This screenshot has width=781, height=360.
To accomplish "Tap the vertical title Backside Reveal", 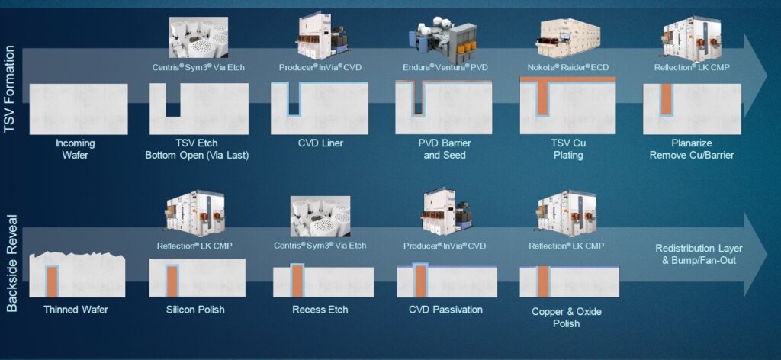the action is click(x=11, y=263).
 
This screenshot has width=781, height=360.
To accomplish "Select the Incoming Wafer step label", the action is click(x=76, y=149).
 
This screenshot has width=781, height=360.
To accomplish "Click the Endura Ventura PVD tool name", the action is click(x=444, y=67).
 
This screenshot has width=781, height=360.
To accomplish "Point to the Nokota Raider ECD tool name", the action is click(x=567, y=67).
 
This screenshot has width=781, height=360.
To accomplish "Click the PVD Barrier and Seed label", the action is click(x=445, y=149).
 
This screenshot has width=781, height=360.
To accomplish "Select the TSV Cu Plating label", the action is click(x=568, y=149).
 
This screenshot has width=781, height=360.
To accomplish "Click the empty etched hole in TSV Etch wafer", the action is click(x=172, y=101).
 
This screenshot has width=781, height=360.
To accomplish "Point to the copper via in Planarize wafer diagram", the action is click(x=666, y=99).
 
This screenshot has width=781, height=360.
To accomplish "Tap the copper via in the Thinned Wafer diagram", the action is click(x=52, y=282).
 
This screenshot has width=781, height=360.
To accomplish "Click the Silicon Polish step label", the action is click(x=195, y=310).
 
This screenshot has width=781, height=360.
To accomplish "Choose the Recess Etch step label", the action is click(x=320, y=310).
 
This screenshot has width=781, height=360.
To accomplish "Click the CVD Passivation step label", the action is click(x=445, y=310).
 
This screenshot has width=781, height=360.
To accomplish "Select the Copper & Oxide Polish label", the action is click(x=567, y=317).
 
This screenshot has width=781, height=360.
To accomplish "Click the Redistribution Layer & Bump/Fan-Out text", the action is click(x=699, y=254).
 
